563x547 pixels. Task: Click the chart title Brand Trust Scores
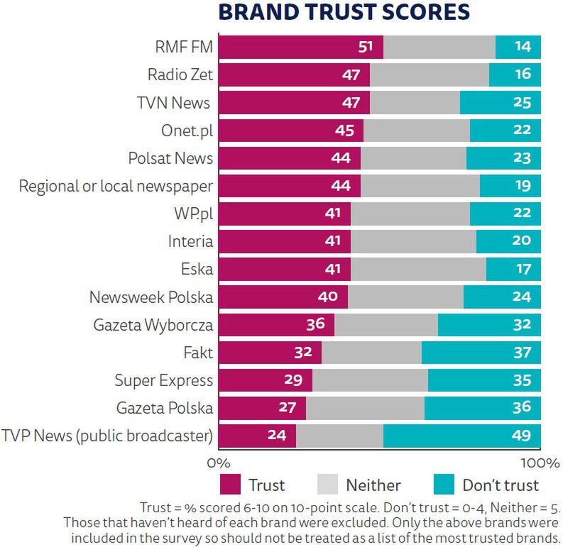pos(344,13)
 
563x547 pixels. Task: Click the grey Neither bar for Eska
pos(418,269)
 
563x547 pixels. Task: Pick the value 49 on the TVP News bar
pos(522,435)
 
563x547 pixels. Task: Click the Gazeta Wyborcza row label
pos(153,325)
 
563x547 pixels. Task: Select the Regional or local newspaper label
pos(116,186)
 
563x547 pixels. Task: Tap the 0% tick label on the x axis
pos(218,463)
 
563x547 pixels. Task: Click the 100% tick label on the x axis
pos(540,463)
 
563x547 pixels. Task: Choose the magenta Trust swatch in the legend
pos(231,485)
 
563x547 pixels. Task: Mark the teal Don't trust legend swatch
pos(444,485)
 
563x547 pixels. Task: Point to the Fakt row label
pos(198,353)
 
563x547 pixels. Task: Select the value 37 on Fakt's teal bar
pos(522,353)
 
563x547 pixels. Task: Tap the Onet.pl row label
pos(187,131)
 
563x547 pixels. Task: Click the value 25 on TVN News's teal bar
pos(522,102)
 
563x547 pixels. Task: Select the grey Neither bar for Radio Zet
pos(429,74)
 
